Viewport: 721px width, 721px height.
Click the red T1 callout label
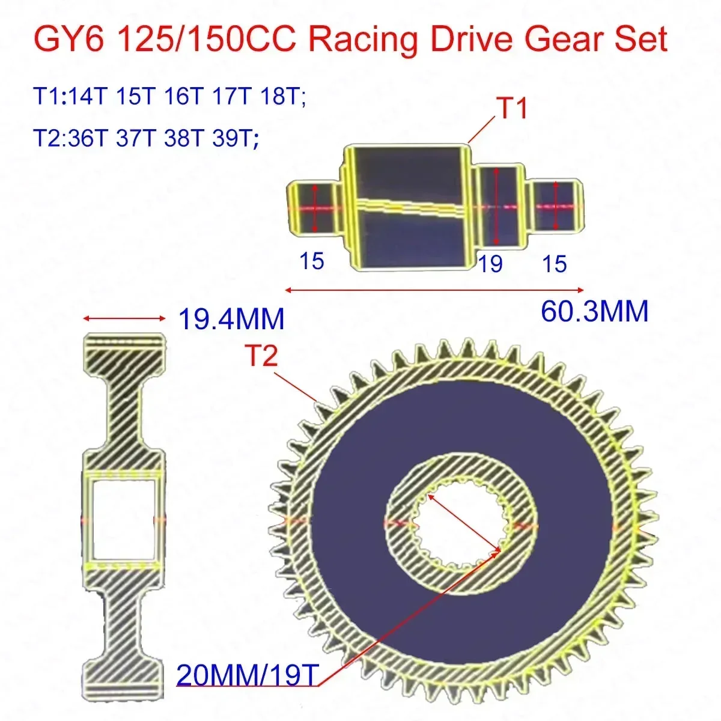511,109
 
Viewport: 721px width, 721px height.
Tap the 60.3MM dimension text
594,311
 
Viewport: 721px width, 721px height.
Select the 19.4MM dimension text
231,318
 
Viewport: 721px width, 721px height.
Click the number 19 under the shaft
490,263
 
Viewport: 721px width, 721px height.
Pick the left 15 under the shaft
311,261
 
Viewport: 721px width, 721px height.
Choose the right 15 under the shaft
554,263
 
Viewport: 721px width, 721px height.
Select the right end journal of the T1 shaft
556,206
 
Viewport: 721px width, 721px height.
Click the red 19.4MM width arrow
124,318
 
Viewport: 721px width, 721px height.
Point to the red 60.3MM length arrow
434,290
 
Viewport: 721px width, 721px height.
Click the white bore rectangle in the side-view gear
123,520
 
